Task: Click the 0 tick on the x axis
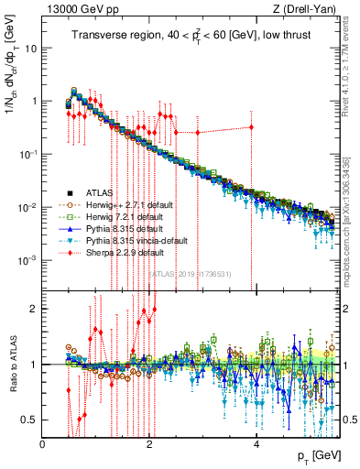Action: pyautogui.click(x=43, y=443)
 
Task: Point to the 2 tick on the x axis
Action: pyautogui.click(x=150, y=443)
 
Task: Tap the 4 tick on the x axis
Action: pyautogui.click(x=257, y=443)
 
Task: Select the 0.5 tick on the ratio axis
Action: pyautogui.click(x=32, y=420)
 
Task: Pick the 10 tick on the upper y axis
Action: pyautogui.click(x=30, y=46)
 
